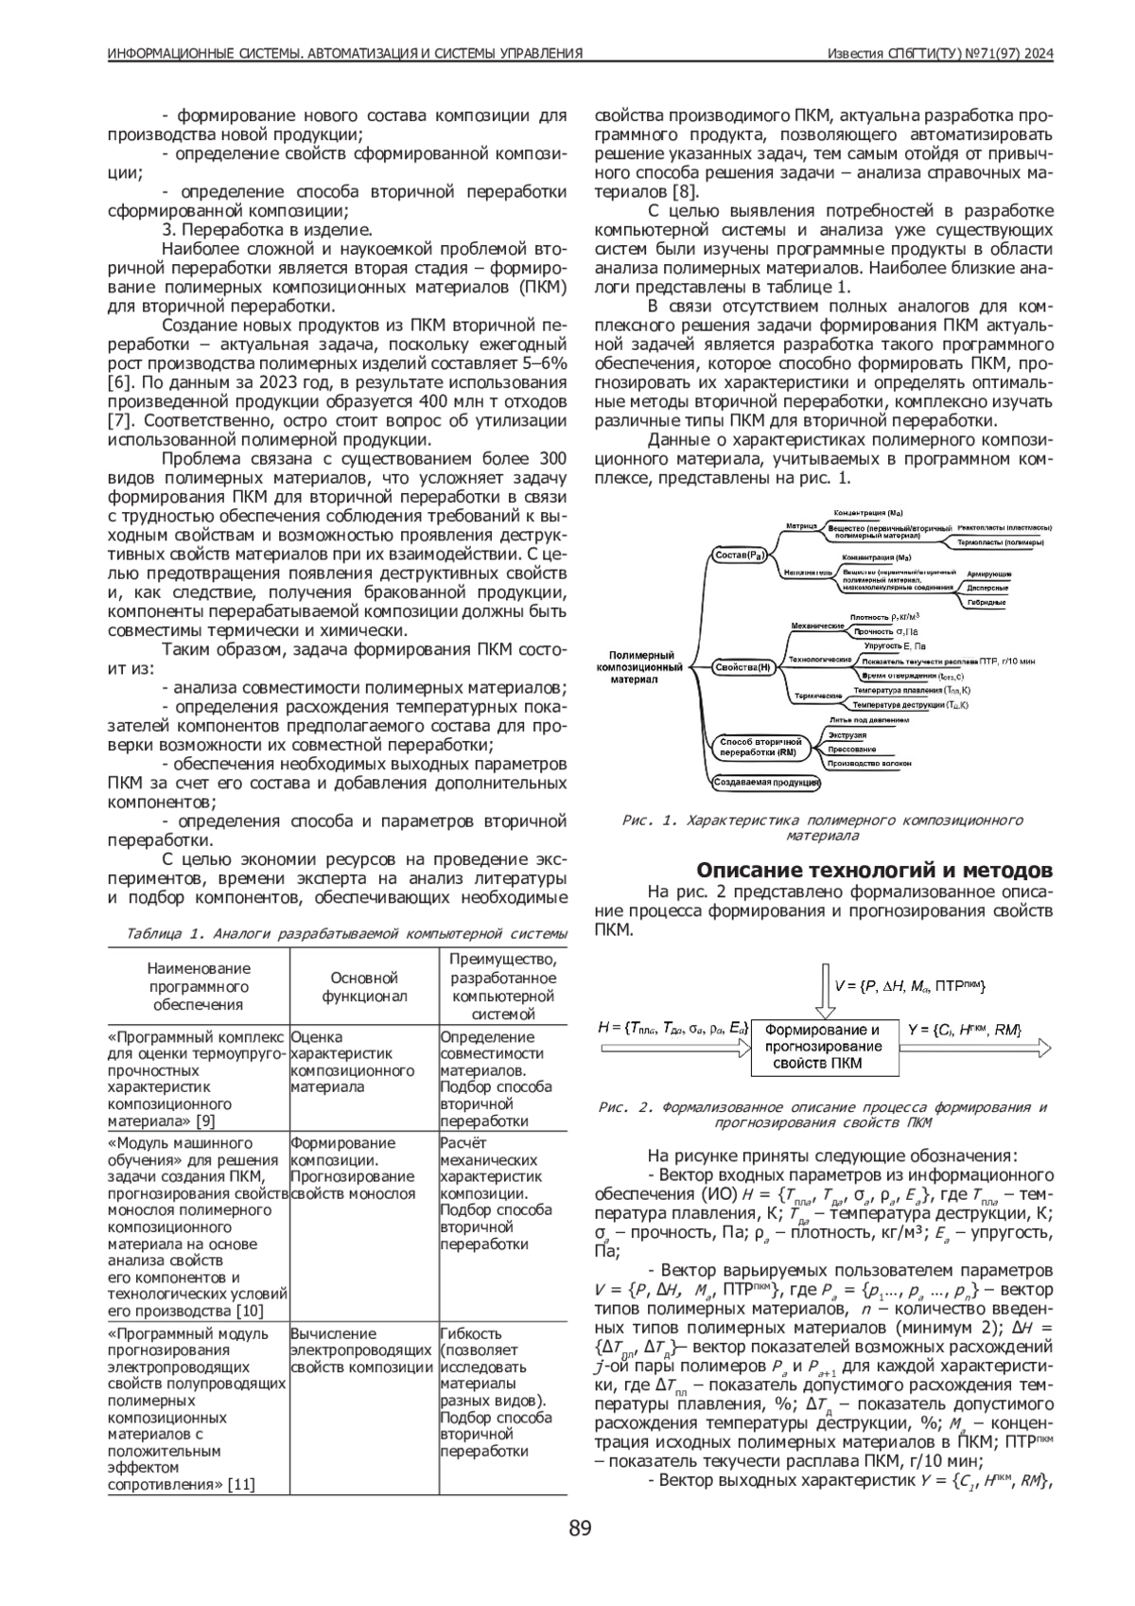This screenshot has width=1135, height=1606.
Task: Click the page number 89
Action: [x=580, y=1528]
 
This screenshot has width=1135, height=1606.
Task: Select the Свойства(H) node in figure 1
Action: [x=742, y=667]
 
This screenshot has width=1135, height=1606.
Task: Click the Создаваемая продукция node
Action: [x=765, y=783]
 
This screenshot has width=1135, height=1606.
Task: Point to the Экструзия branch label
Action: [x=847, y=734]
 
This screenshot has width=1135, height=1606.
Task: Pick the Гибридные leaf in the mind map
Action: [x=987, y=603]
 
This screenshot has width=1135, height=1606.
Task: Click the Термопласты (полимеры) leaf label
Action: [x=1002, y=543]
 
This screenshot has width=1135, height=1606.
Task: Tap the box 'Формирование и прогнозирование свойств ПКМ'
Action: [x=822, y=1046]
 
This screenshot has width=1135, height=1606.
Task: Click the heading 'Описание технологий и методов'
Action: [x=874, y=870]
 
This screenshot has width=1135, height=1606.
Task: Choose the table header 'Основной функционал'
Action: [x=364, y=986]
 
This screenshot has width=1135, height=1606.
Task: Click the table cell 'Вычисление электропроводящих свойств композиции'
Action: [x=361, y=1350]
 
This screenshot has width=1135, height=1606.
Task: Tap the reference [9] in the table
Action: [x=204, y=1121]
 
